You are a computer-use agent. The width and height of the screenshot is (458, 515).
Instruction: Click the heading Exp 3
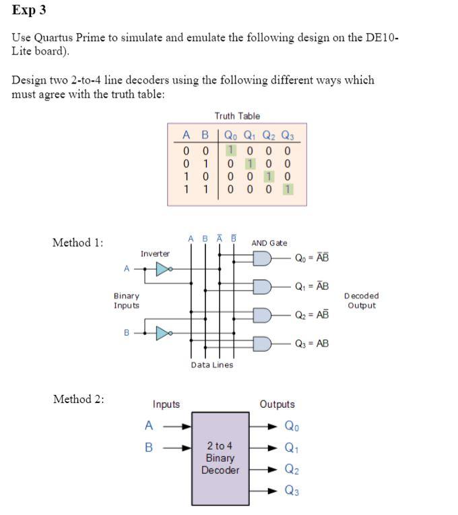[x=29, y=11]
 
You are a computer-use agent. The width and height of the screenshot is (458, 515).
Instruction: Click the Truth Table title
[x=237, y=116]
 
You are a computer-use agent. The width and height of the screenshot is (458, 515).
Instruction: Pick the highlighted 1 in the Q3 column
[x=288, y=189]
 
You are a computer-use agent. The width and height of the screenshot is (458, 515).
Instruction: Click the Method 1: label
[x=78, y=243]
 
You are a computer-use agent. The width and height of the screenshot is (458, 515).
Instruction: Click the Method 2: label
[x=79, y=399]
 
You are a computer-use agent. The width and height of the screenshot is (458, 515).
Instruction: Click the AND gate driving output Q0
[x=262, y=259]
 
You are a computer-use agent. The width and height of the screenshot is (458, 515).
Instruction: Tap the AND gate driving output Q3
[x=262, y=344]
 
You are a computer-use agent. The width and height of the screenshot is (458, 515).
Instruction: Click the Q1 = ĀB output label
[x=312, y=286]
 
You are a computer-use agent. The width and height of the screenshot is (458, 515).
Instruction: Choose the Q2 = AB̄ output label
[x=312, y=315]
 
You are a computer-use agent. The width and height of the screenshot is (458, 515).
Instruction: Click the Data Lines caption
[x=212, y=365]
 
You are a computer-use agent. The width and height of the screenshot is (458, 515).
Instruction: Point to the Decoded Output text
[x=361, y=301]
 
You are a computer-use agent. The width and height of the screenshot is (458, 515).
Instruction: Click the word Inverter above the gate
[x=155, y=253]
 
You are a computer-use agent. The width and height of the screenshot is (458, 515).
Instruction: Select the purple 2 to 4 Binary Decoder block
[x=220, y=458]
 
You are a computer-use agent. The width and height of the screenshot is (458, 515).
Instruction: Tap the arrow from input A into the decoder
[x=177, y=426]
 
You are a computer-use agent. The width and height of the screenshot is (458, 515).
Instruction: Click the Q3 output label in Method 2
[x=292, y=491]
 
